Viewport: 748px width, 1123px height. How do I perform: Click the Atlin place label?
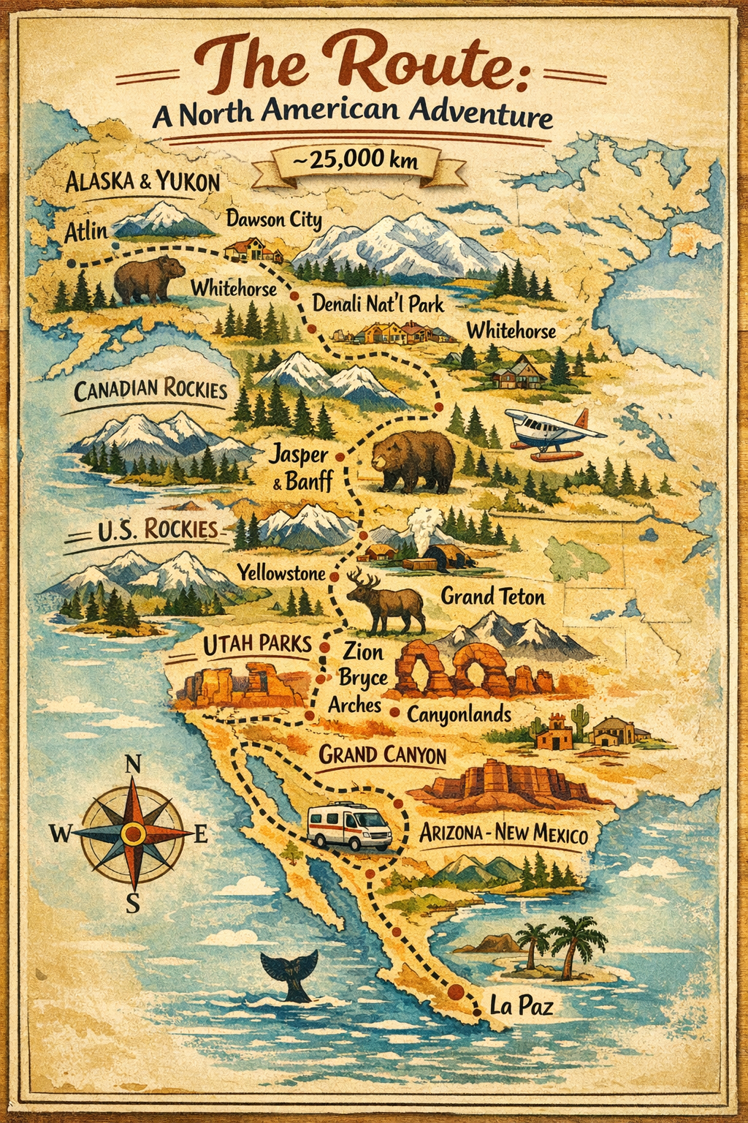point(85,232)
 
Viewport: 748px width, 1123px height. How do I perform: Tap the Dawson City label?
point(273,219)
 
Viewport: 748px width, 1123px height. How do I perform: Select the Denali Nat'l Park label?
point(378,303)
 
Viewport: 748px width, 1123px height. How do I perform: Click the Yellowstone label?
point(280,572)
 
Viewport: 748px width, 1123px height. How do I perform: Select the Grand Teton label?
point(492,597)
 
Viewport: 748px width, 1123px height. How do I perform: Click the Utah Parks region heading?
point(256,644)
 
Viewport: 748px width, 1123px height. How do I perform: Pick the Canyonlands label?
point(459,714)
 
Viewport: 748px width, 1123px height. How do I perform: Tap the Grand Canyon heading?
point(382,755)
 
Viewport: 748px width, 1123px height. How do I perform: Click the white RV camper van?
point(349,827)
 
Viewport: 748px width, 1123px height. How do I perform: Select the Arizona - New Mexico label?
point(503,833)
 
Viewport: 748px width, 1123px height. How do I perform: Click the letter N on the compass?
point(133,765)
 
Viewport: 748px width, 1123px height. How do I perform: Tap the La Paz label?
point(521,1006)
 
